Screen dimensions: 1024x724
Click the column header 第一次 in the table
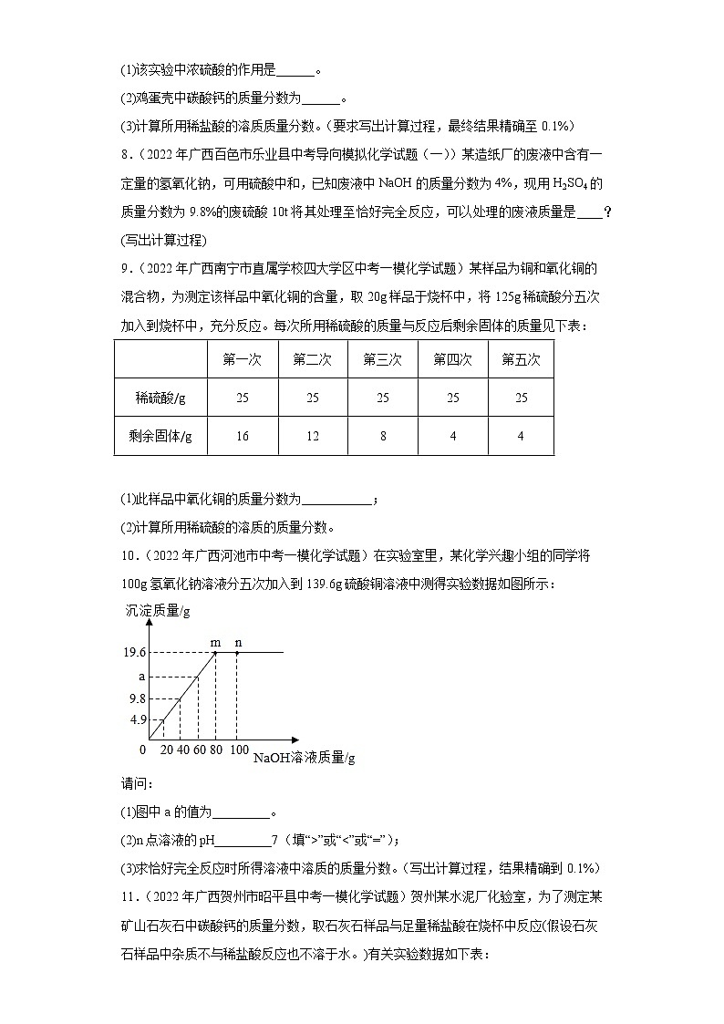coord(242,359)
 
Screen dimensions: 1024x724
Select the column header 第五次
coord(521,359)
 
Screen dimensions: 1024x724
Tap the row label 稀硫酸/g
coord(160,398)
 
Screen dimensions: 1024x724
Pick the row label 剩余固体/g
coord(160,436)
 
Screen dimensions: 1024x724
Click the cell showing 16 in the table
coord(242,436)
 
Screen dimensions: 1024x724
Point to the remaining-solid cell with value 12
coord(312,436)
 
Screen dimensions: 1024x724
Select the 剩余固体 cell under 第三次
coord(382,436)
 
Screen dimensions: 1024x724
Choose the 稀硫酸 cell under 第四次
coord(452,398)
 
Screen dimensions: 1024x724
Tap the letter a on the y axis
coord(141,677)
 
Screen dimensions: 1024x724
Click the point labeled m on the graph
coord(215,652)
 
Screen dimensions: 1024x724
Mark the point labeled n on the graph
coord(237,652)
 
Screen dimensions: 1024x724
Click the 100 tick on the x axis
coord(238,750)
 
